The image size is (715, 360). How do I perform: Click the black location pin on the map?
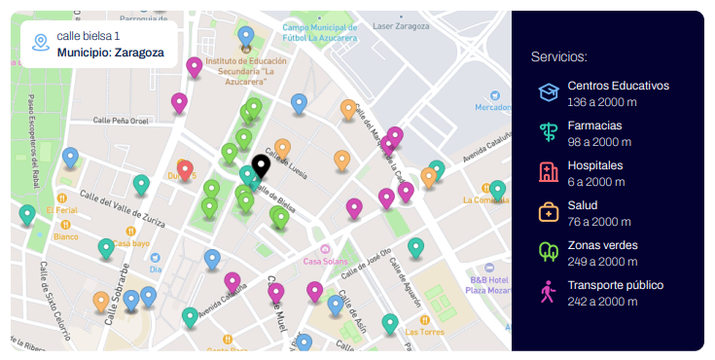pyautogui.click(x=261, y=166)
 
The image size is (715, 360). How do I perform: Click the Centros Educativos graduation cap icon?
pyautogui.click(x=549, y=92)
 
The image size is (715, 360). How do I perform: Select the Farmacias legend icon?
pyautogui.click(x=549, y=132)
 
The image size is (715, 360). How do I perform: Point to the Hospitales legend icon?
pyautogui.click(x=549, y=172)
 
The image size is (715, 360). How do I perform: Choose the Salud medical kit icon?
pyautogui.click(x=549, y=212)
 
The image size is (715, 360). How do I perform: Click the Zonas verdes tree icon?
pyautogui.click(x=549, y=252)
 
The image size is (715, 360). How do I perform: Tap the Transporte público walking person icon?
pyautogui.click(x=549, y=292)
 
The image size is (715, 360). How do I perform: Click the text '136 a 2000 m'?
pyautogui.click(x=602, y=101)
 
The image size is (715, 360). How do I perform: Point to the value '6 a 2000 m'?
pyautogui.click(x=596, y=181)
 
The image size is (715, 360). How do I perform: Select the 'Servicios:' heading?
pyautogui.click(x=559, y=56)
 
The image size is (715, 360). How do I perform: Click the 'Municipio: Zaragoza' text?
pyautogui.click(x=111, y=53)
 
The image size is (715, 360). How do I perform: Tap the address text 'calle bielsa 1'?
pyautogui.click(x=89, y=36)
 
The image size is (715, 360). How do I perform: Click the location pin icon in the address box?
pyautogui.click(x=40, y=43)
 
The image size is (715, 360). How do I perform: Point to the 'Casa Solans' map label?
pyautogui.click(x=326, y=261)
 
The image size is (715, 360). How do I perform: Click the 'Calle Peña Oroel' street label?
pyautogui.click(x=121, y=121)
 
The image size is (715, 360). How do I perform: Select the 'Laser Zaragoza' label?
pyautogui.click(x=401, y=25)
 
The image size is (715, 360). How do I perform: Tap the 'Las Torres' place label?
pyautogui.click(x=425, y=331)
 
